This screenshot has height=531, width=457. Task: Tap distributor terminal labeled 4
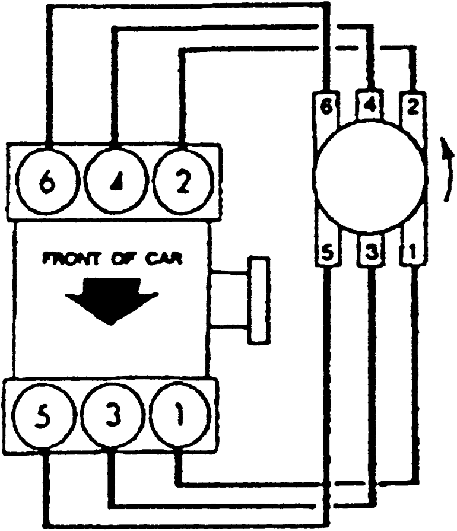coord(369,107)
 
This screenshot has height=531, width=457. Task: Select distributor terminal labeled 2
coord(412,107)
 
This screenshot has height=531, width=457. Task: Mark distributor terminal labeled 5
coord(325,252)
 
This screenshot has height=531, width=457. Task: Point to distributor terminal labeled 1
coord(411,252)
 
